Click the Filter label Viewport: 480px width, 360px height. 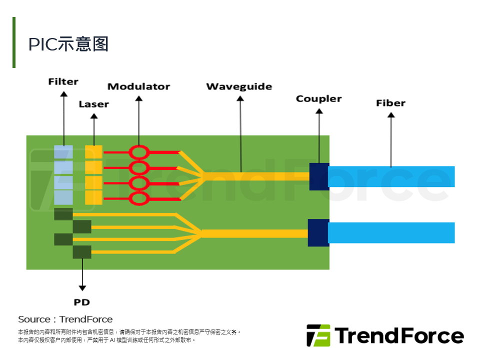63,81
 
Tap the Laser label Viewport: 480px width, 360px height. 93,104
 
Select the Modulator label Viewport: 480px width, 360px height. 138,86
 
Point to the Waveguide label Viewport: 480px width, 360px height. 239,86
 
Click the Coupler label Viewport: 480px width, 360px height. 318,98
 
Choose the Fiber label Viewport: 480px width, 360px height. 390,103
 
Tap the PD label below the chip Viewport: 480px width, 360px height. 81,302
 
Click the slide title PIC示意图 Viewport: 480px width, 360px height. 68,44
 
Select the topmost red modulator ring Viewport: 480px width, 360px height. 139,152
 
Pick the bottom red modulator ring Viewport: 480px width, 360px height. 139,198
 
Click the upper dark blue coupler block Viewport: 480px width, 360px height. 319,176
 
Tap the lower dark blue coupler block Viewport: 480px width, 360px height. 318,232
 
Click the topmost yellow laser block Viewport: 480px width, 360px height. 93,152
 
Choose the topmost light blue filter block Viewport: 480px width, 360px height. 63,152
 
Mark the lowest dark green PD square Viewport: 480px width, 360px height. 82,251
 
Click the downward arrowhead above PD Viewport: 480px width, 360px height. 82,288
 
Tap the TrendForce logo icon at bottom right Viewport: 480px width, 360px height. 318,335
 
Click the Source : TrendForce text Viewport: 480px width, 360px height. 65,319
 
